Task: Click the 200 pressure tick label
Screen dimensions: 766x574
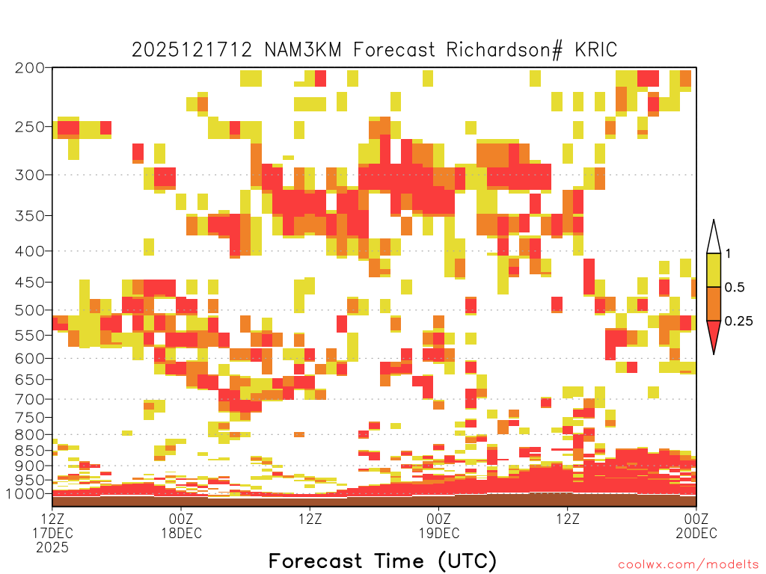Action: point(30,68)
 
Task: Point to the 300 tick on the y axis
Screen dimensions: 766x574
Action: point(30,175)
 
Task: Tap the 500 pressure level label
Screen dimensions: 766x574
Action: point(30,310)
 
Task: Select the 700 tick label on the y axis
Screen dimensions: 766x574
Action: point(30,399)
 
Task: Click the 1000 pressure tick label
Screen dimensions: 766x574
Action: point(25,494)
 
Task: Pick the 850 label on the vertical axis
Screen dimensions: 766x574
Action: point(30,450)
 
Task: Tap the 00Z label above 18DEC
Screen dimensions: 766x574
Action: point(181,519)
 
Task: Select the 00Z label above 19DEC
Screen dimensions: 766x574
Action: point(438,519)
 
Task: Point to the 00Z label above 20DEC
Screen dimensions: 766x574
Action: point(696,519)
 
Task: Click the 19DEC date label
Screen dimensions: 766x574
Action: point(438,533)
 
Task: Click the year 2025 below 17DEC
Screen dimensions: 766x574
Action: point(52,548)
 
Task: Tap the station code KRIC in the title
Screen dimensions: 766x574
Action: point(596,50)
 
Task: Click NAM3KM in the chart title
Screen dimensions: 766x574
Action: point(303,50)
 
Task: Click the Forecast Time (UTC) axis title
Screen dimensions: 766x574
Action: point(382,561)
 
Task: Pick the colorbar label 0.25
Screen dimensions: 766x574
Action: point(738,321)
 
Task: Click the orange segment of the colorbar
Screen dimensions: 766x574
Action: point(714,303)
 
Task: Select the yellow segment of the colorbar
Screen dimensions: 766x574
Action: point(714,270)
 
